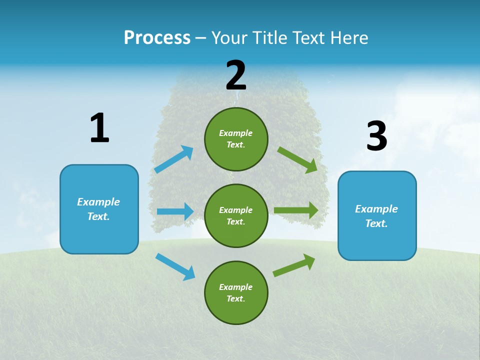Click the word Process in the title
click(157, 37)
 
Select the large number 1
click(99, 128)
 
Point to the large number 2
click(235, 75)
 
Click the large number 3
click(376, 136)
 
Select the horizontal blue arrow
click(175, 211)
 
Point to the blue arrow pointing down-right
click(175, 266)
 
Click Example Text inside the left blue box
click(98, 209)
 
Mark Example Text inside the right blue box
click(376, 216)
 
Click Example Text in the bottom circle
click(235, 292)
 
